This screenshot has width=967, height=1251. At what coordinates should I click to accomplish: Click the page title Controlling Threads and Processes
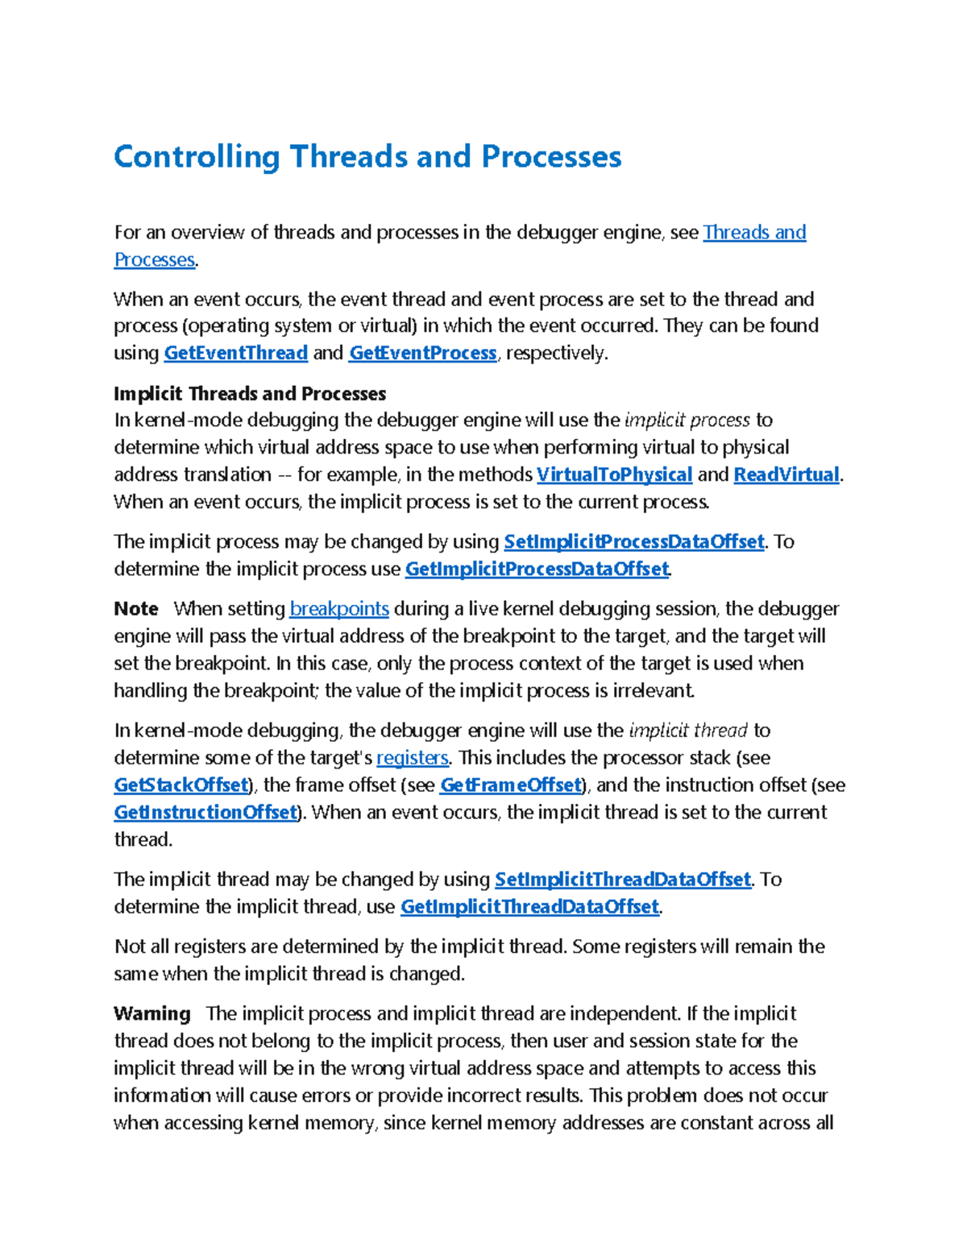click(367, 156)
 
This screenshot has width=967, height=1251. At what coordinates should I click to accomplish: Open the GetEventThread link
click(235, 353)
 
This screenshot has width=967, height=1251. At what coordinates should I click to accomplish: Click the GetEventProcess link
click(422, 353)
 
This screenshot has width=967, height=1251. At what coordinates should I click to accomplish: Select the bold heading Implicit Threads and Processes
click(250, 393)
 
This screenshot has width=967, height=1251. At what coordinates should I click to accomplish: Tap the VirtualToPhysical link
click(614, 474)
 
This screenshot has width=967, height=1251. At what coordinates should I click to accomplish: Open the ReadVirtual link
click(786, 474)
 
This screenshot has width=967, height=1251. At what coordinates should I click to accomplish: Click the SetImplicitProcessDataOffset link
click(633, 541)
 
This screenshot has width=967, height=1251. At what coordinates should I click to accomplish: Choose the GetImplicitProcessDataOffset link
click(537, 569)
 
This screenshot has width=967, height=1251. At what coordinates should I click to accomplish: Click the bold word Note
click(135, 608)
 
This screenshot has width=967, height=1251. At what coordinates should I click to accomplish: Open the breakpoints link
click(339, 608)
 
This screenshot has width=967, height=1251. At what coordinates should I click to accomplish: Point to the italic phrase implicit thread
click(688, 730)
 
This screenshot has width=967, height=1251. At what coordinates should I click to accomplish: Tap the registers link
click(412, 757)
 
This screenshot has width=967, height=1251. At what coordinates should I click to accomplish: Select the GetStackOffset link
click(181, 785)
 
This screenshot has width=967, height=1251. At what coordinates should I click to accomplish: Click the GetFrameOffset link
click(510, 785)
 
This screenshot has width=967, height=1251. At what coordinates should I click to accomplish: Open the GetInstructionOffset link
click(205, 812)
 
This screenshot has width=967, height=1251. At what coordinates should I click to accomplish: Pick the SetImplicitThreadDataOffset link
click(622, 879)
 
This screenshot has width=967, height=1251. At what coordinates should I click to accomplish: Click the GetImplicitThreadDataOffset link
click(529, 906)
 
